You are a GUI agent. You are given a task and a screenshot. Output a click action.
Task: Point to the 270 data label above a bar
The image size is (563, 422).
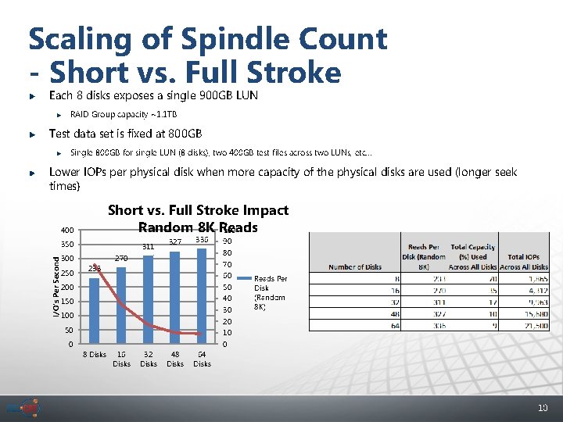pos(121,258)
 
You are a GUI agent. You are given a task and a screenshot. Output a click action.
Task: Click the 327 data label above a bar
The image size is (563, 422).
pos(175,242)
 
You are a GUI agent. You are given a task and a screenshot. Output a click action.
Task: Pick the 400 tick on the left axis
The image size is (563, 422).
pos(67,231)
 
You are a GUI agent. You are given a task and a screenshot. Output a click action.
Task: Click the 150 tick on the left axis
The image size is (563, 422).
pos(67,302)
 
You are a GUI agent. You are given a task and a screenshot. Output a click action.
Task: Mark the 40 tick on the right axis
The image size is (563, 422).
pos(226,299)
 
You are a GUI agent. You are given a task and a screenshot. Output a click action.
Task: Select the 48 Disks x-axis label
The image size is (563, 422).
pos(175,359)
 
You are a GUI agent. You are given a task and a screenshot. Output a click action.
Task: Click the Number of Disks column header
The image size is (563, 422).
pos(356,266)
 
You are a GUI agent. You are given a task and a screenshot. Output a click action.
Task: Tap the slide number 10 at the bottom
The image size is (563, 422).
pos(542,407)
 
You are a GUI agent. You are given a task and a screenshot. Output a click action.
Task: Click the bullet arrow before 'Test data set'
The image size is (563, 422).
pos(31,134)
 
